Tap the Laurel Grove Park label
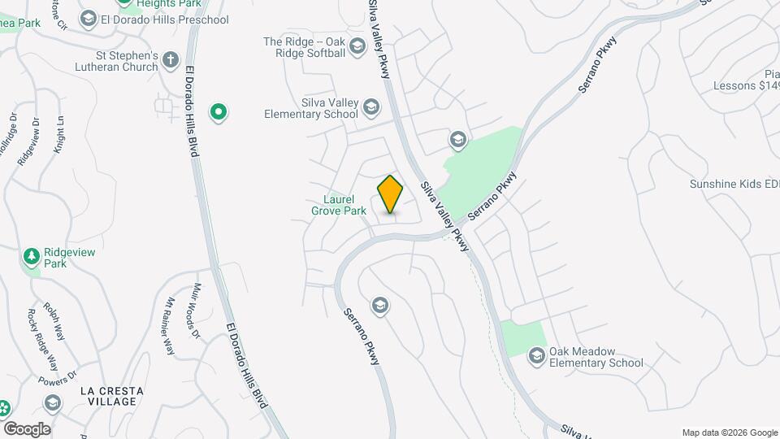(x=339, y=205)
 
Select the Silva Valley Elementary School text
(x=311, y=108)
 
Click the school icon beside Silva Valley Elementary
(x=371, y=106)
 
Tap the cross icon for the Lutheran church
(x=171, y=59)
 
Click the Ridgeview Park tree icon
(x=32, y=257)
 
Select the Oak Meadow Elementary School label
(x=596, y=357)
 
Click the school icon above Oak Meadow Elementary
(x=537, y=355)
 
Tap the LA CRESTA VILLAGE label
(x=112, y=397)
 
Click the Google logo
(x=26, y=428)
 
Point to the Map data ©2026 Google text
(x=730, y=432)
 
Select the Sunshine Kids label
(x=734, y=184)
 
